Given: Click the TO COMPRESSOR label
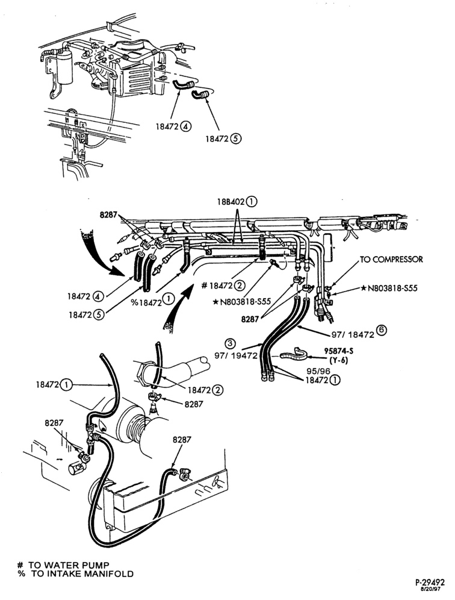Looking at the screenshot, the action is [391, 260].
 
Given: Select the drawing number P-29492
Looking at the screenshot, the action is [429, 583].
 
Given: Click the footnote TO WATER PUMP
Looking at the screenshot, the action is [63, 565].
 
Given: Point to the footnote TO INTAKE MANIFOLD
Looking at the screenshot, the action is [75, 573].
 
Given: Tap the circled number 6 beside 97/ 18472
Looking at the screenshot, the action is [382, 330].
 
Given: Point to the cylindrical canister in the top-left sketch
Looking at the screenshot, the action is [64, 67].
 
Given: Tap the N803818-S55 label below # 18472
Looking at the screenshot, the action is [241, 302].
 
